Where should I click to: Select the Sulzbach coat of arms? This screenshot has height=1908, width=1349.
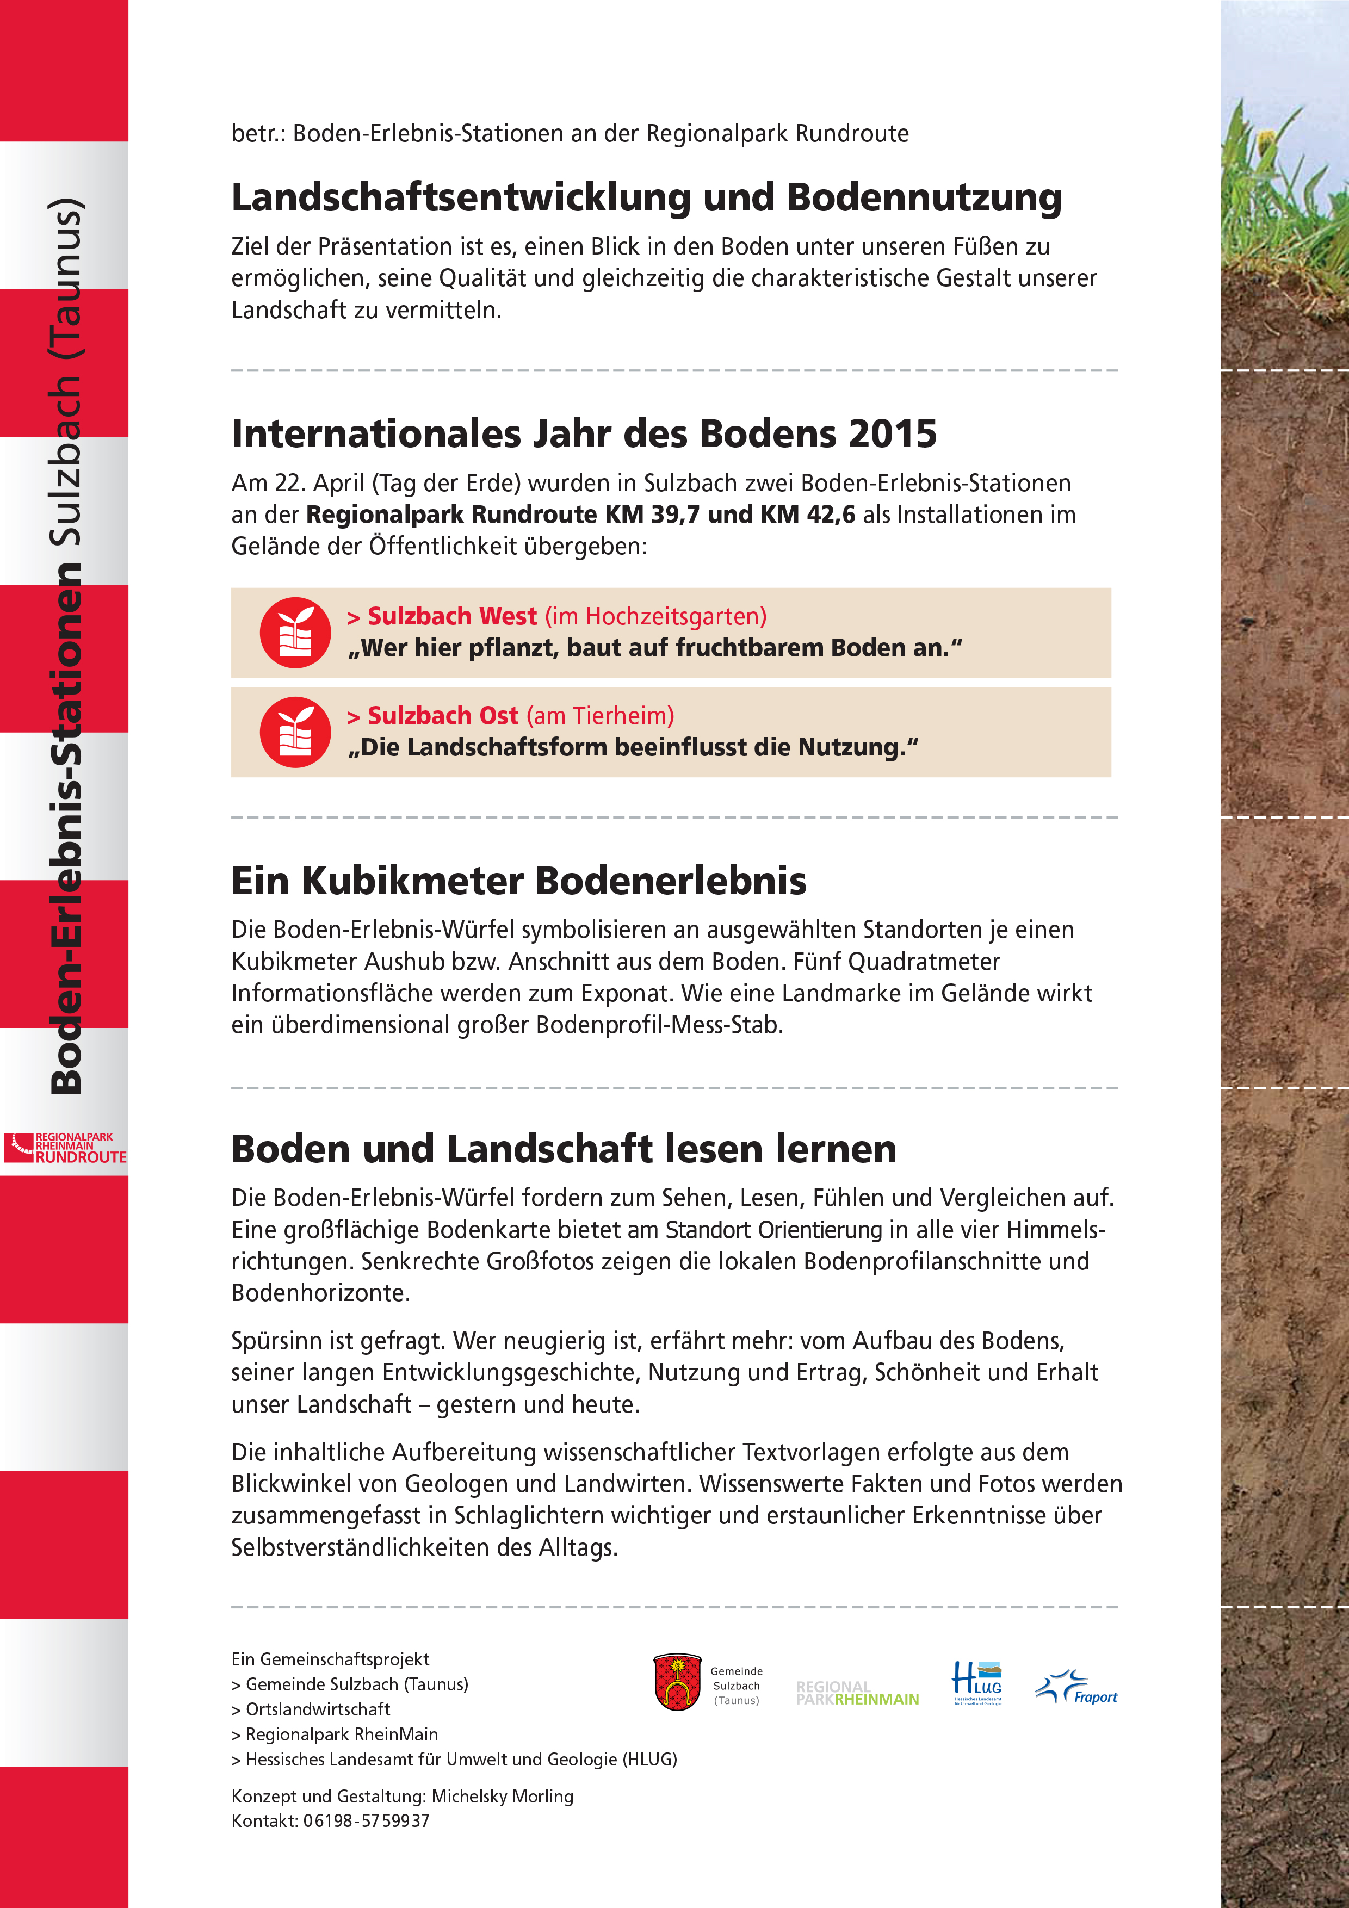pos(677,1682)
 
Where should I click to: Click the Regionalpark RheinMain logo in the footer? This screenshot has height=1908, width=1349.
pos(857,1693)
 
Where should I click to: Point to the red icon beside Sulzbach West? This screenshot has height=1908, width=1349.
pos(295,633)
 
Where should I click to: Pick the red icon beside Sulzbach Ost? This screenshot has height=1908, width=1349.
pos(295,732)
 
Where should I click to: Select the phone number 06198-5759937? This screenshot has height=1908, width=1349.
pos(367,1821)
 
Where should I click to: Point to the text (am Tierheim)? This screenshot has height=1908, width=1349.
pos(600,716)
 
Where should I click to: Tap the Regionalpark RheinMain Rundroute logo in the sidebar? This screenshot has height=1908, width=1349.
pos(65,1148)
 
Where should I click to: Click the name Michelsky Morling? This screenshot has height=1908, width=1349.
pos(502,1796)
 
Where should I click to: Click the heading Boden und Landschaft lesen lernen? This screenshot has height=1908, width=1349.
pos(564,1149)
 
